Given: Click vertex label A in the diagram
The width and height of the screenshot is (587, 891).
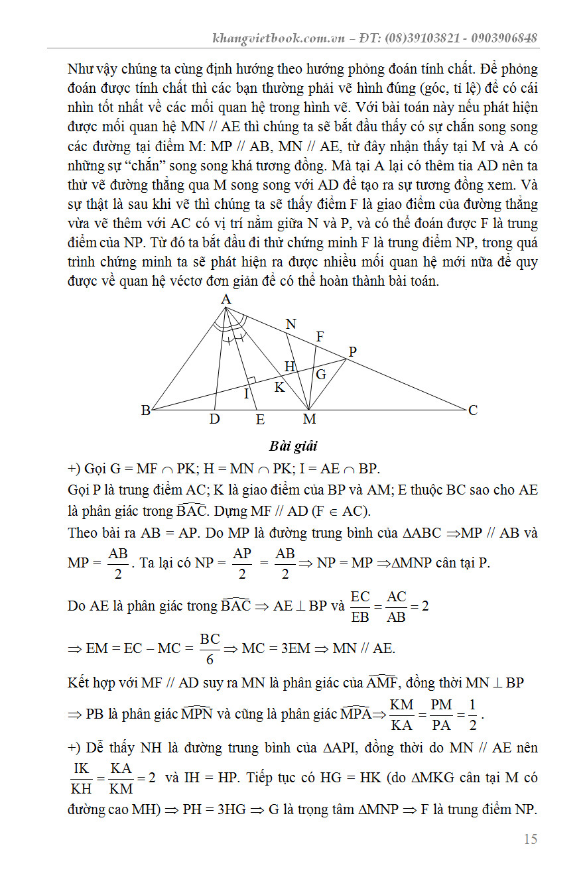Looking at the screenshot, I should pos(226,300).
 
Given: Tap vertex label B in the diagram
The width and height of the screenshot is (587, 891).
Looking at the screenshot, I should pos(145,410).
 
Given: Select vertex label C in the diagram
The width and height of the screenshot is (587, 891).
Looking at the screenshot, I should pos(472,410).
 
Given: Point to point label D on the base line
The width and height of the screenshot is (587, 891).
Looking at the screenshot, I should pos(214,419).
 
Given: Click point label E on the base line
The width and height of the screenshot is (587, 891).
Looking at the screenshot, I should pos(260,419).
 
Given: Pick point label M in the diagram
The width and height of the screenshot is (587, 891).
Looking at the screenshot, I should pos(309,419).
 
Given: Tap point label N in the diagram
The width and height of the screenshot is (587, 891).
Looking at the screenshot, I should pos(291,324).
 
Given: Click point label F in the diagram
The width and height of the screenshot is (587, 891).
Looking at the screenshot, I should pos(320,337).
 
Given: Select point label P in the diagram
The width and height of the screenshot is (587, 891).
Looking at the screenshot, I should pos(352,352).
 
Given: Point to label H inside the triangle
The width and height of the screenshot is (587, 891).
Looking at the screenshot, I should pos(290,366).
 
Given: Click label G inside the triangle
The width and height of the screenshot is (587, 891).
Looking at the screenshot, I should pos(320,375).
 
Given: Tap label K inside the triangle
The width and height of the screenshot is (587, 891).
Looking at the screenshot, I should pos(280,387).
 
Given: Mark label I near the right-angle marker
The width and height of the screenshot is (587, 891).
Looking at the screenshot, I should pos(246,394).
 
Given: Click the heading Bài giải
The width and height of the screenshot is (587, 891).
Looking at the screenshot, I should pos(293,445).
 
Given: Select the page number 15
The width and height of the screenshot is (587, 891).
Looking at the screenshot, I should pos(530,839).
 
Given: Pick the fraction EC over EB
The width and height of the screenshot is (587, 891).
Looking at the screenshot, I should pos(360,606).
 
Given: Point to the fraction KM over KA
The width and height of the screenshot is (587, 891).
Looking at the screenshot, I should pos(402,714).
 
